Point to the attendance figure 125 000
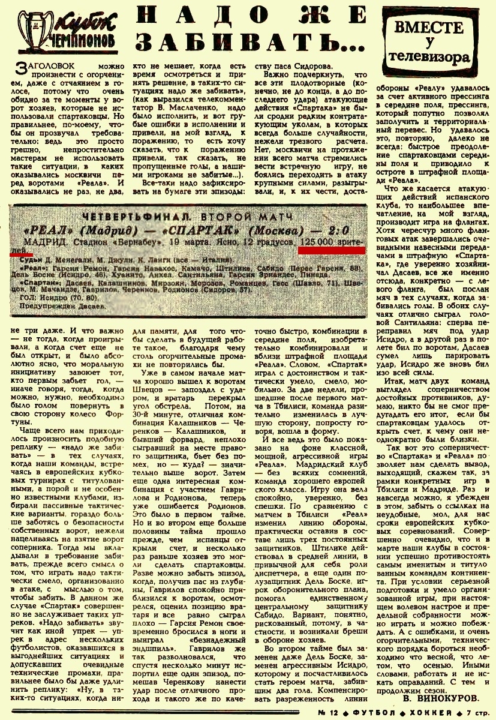point(317,242)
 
